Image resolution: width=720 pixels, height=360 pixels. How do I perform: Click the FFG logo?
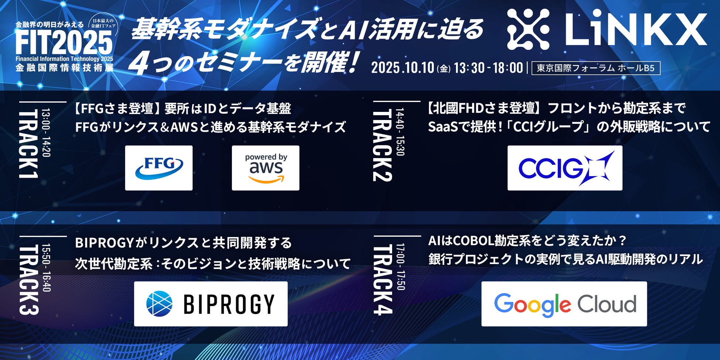tap(159, 168)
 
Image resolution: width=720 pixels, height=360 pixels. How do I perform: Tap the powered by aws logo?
tap(265, 168)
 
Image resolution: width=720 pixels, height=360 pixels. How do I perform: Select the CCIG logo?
tap(565, 168)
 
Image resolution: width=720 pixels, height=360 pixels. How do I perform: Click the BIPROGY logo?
tap(210, 304)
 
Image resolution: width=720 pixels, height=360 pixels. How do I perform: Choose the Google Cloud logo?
tap(564, 304)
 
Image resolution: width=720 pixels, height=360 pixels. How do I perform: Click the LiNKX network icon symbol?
tap(528, 30)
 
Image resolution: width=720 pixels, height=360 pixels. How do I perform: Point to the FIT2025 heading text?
tap(64, 42)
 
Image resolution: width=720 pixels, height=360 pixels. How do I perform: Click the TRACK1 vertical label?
tap(28, 144)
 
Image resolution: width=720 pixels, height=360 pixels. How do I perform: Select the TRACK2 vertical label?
tap(382, 145)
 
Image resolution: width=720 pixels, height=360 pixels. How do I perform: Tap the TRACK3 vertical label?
tap(28, 280)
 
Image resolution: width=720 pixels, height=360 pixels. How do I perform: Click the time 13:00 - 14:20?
tap(46, 133)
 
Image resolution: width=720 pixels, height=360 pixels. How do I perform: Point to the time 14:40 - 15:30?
tap(400, 132)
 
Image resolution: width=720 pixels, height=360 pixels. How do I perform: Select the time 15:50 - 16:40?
tap(46, 267)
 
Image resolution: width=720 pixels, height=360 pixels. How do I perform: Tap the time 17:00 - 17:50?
tap(400, 267)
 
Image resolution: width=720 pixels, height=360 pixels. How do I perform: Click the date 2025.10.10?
tap(402, 68)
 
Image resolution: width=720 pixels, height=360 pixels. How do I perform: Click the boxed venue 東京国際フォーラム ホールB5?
tap(596, 68)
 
